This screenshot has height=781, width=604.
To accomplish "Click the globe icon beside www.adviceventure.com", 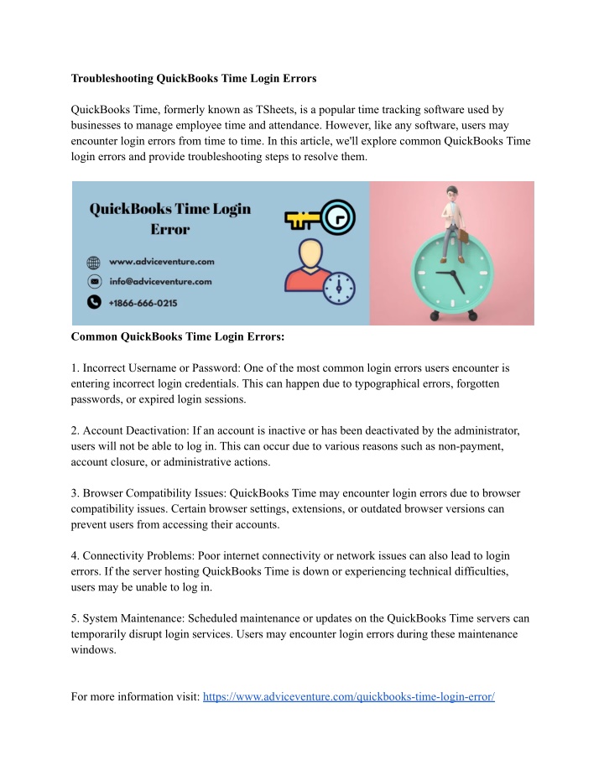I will tap(94, 261).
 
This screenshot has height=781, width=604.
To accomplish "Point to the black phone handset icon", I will tap(94, 302).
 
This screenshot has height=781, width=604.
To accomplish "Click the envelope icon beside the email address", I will tap(94, 282).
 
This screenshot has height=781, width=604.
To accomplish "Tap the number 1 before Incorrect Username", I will tap(75, 367).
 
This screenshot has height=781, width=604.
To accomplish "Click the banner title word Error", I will tap(170, 228).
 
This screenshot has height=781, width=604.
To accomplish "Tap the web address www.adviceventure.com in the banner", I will tap(160, 261).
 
